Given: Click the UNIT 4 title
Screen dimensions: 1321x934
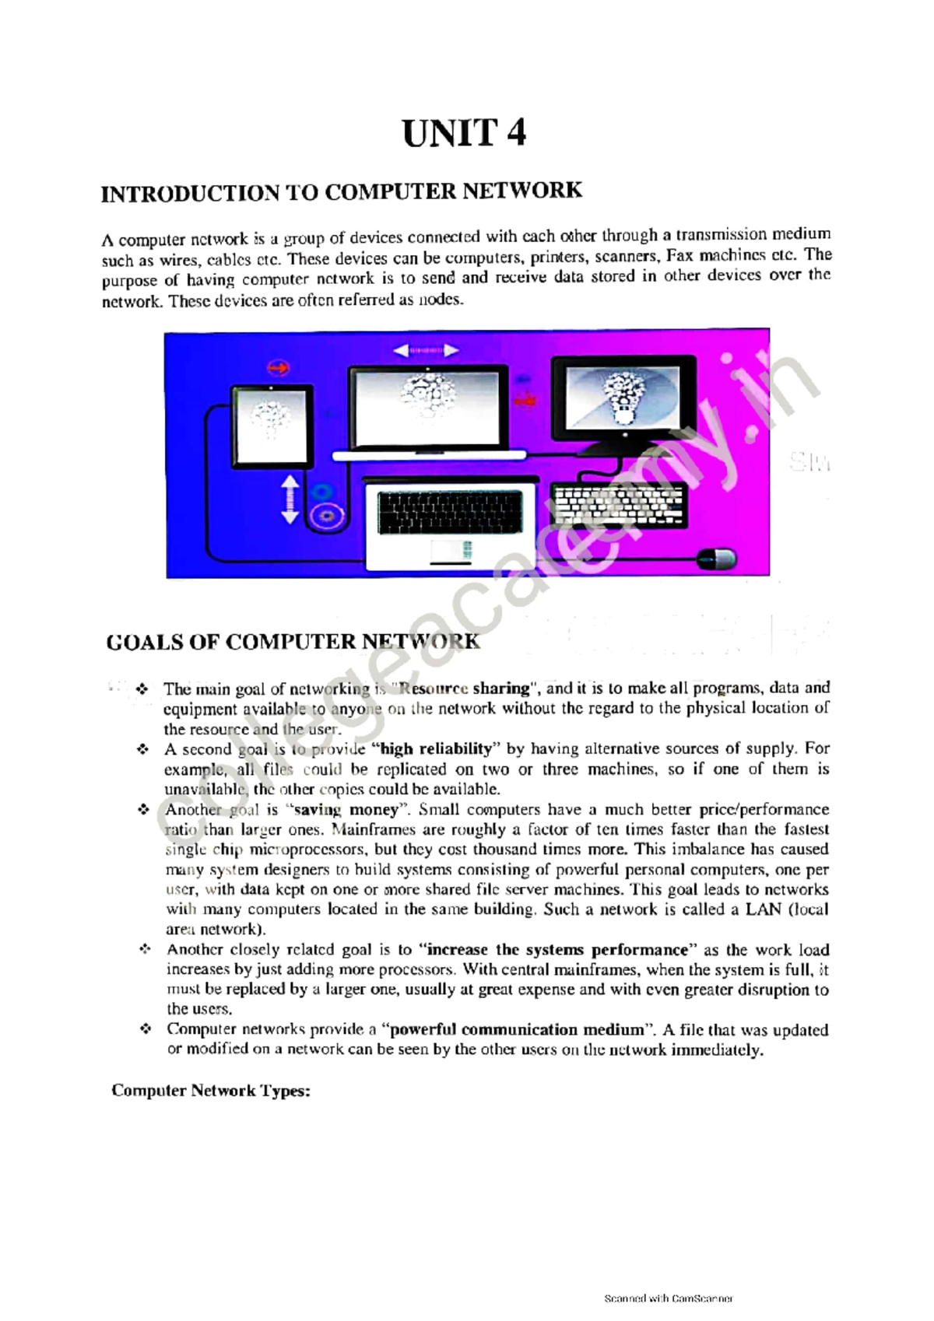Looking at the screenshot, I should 464,133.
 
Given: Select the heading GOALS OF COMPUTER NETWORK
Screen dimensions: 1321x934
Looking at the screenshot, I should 293,642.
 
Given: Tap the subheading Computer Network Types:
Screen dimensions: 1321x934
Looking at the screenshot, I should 211,1090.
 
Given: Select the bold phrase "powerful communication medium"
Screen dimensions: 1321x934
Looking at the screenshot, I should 518,1030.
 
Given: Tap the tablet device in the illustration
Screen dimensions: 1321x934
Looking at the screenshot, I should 269,425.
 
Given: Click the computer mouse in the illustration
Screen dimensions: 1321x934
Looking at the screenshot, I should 715,558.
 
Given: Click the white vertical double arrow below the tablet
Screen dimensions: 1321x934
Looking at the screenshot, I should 290,499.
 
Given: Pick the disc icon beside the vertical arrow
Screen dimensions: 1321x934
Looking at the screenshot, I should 322,514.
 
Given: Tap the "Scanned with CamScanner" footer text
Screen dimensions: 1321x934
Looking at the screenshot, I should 669,1298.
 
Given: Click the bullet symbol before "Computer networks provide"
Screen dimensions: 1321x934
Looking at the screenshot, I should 145,1028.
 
